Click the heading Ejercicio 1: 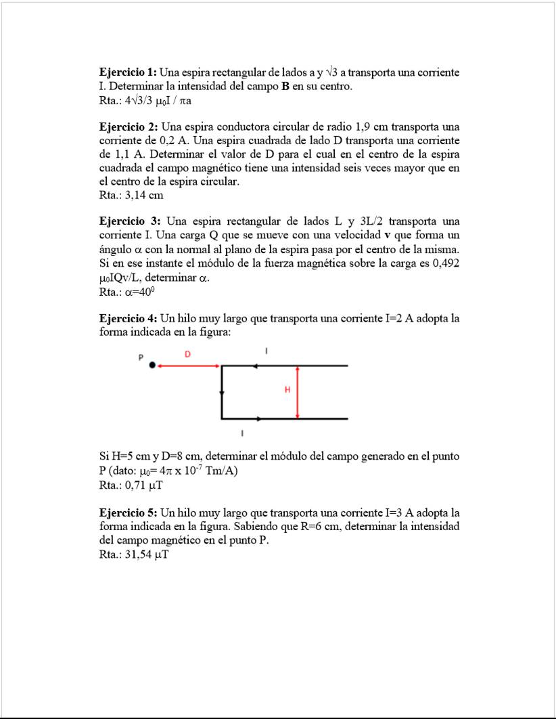click(128, 72)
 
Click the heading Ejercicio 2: click(128, 127)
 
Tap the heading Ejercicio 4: click(128, 318)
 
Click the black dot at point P click(152, 366)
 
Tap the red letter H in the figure click(287, 390)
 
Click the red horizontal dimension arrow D click(189, 366)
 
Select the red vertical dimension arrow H click(298, 392)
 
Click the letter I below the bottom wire click(242, 432)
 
